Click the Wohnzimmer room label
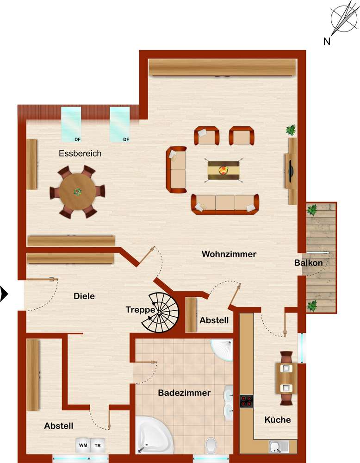[229, 254]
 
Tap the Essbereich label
[80, 153]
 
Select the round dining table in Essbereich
[77, 192]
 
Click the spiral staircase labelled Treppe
[161, 313]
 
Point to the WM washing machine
[83, 445]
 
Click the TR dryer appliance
[98, 445]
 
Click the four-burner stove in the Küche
[246, 401]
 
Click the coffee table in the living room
[223, 170]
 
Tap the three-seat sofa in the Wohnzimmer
[225, 204]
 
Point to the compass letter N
[327, 41]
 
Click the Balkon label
[308, 263]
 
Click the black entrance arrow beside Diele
[4, 294]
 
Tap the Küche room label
[277, 419]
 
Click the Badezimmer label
[185, 393]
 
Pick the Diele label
[84, 296]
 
